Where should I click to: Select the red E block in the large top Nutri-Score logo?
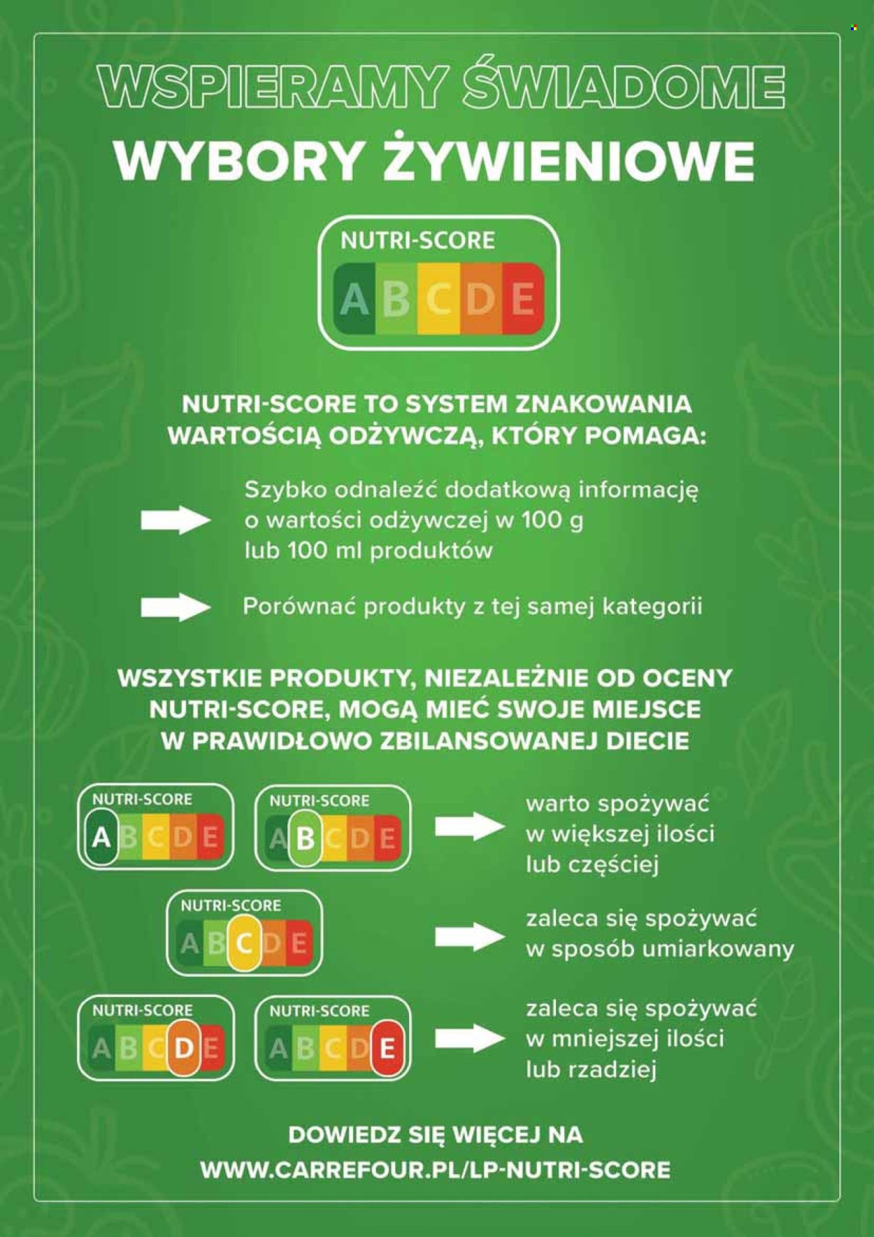point(523,299)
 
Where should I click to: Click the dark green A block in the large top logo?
point(354,299)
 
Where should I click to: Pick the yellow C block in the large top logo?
point(438,299)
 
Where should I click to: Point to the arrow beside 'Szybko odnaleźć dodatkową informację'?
point(175,520)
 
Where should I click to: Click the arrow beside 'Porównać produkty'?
point(175,607)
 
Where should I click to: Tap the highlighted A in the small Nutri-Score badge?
point(102,837)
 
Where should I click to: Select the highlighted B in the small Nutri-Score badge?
point(305,837)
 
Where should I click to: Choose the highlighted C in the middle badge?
point(244,942)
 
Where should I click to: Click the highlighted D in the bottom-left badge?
point(184,1047)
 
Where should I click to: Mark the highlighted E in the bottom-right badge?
point(387,1048)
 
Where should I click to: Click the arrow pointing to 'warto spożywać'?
point(470,827)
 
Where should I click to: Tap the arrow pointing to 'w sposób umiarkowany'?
point(470,936)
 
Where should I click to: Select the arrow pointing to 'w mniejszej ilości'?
point(470,1038)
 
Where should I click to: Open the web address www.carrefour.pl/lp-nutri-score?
point(436,1169)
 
